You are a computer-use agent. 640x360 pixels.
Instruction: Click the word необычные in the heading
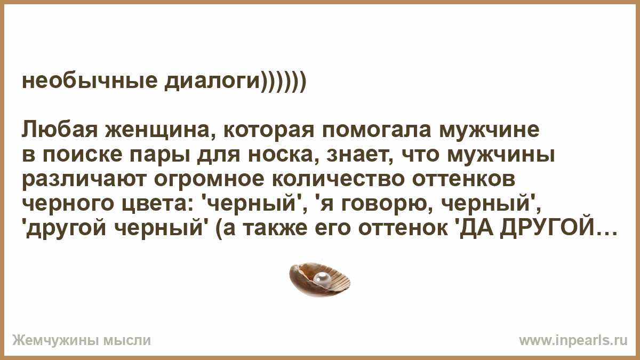coord(90,81)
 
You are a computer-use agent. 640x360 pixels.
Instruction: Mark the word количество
coord(338,179)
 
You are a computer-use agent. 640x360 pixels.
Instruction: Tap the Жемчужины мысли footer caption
coord(82,341)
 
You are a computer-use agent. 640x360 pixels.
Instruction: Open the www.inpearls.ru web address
coord(573,341)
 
